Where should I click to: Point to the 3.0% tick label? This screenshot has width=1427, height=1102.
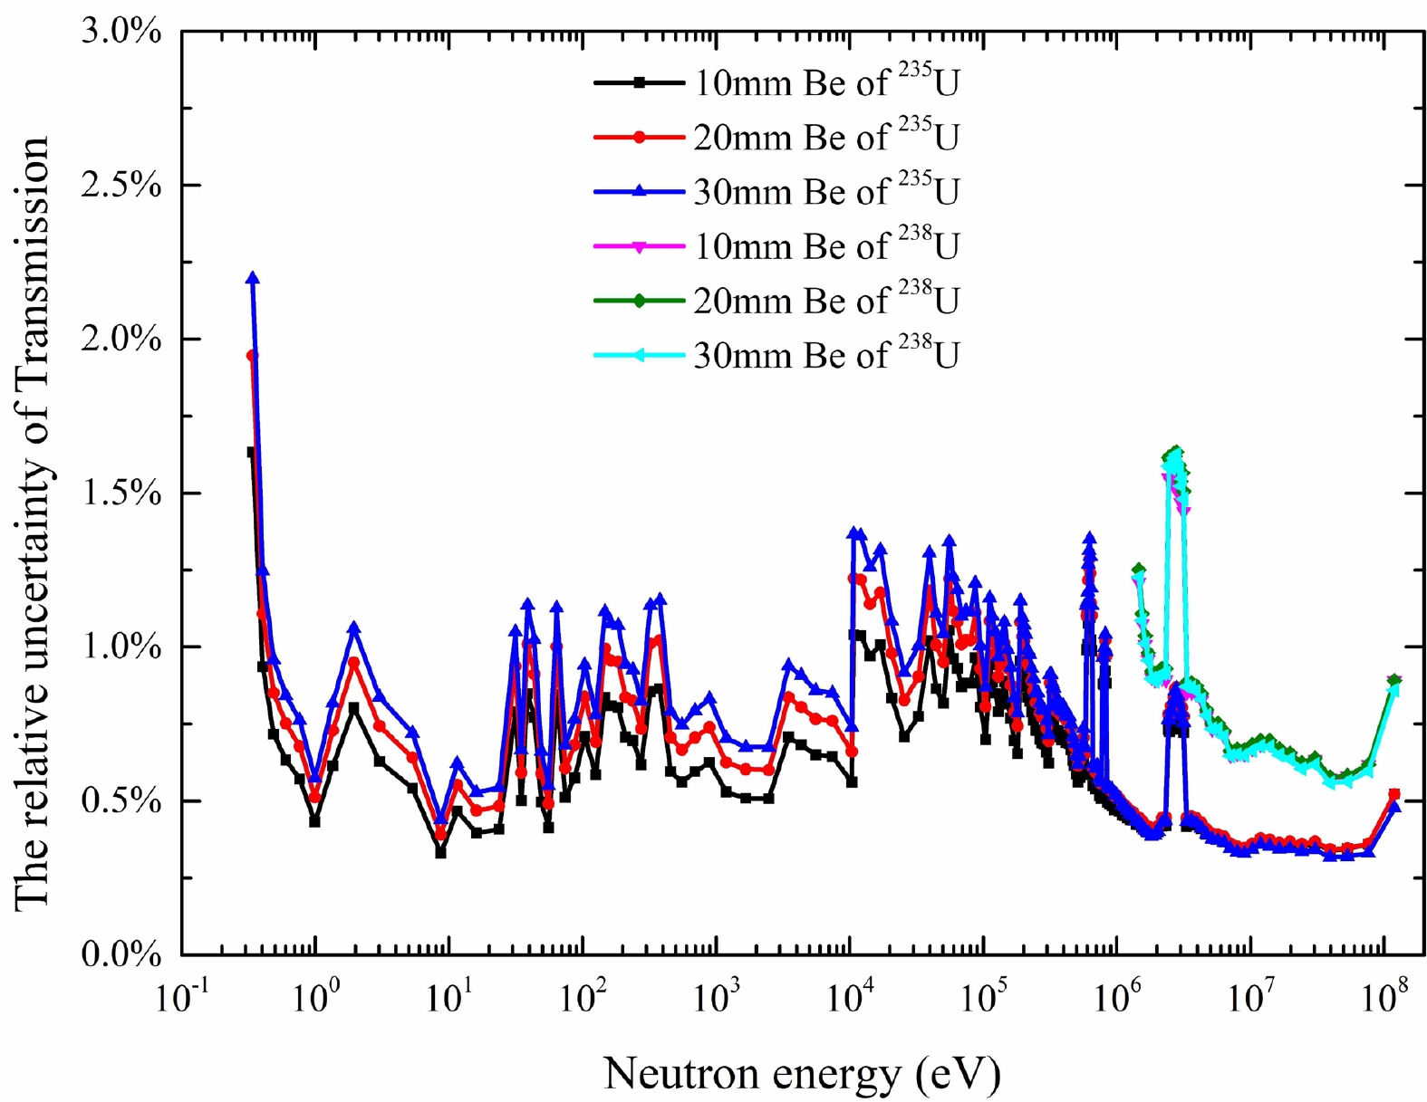pyautogui.click(x=121, y=32)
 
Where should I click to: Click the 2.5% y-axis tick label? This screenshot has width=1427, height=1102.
pyautogui.click(x=121, y=186)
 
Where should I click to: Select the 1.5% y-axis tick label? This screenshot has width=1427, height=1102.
pyautogui.click(x=121, y=494)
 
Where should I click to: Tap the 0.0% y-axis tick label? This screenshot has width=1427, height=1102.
pyautogui.click(x=121, y=955)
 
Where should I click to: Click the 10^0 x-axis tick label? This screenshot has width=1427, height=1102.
pyautogui.click(x=315, y=999)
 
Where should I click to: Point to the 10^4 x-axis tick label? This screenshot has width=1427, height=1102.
pyautogui.click(x=850, y=999)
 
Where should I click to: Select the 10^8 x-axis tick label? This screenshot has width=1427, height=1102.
pyautogui.click(x=1384, y=999)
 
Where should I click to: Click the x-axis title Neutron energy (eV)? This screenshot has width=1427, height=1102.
pyautogui.click(x=802, y=1074)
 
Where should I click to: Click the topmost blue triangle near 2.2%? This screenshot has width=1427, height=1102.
pyautogui.click(x=253, y=278)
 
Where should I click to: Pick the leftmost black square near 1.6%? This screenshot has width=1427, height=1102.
pyautogui.click(x=251, y=452)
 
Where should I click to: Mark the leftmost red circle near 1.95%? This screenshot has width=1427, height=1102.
pyautogui.click(x=252, y=356)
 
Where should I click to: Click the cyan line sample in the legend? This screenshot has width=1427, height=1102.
pyautogui.click(x=639, y=355)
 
